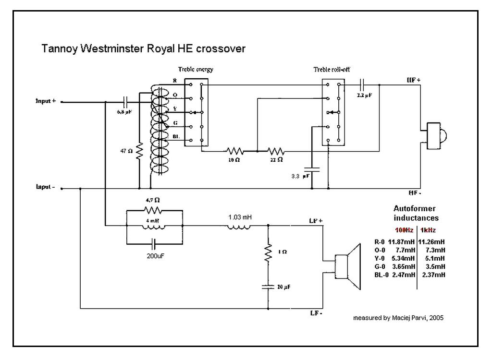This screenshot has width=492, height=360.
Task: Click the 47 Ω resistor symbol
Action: pos(139,152)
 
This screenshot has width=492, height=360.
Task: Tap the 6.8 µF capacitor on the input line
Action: pos(125,102)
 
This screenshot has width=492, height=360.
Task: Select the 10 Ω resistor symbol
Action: pos(235,151)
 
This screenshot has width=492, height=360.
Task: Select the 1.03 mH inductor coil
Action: pos(238,226)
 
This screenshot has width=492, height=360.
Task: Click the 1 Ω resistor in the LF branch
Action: pos(268,253)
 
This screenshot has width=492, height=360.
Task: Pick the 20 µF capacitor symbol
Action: pos(268,287)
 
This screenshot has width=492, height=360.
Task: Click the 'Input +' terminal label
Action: pos(46,101)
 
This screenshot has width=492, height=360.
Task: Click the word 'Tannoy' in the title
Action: pos(57,49)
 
